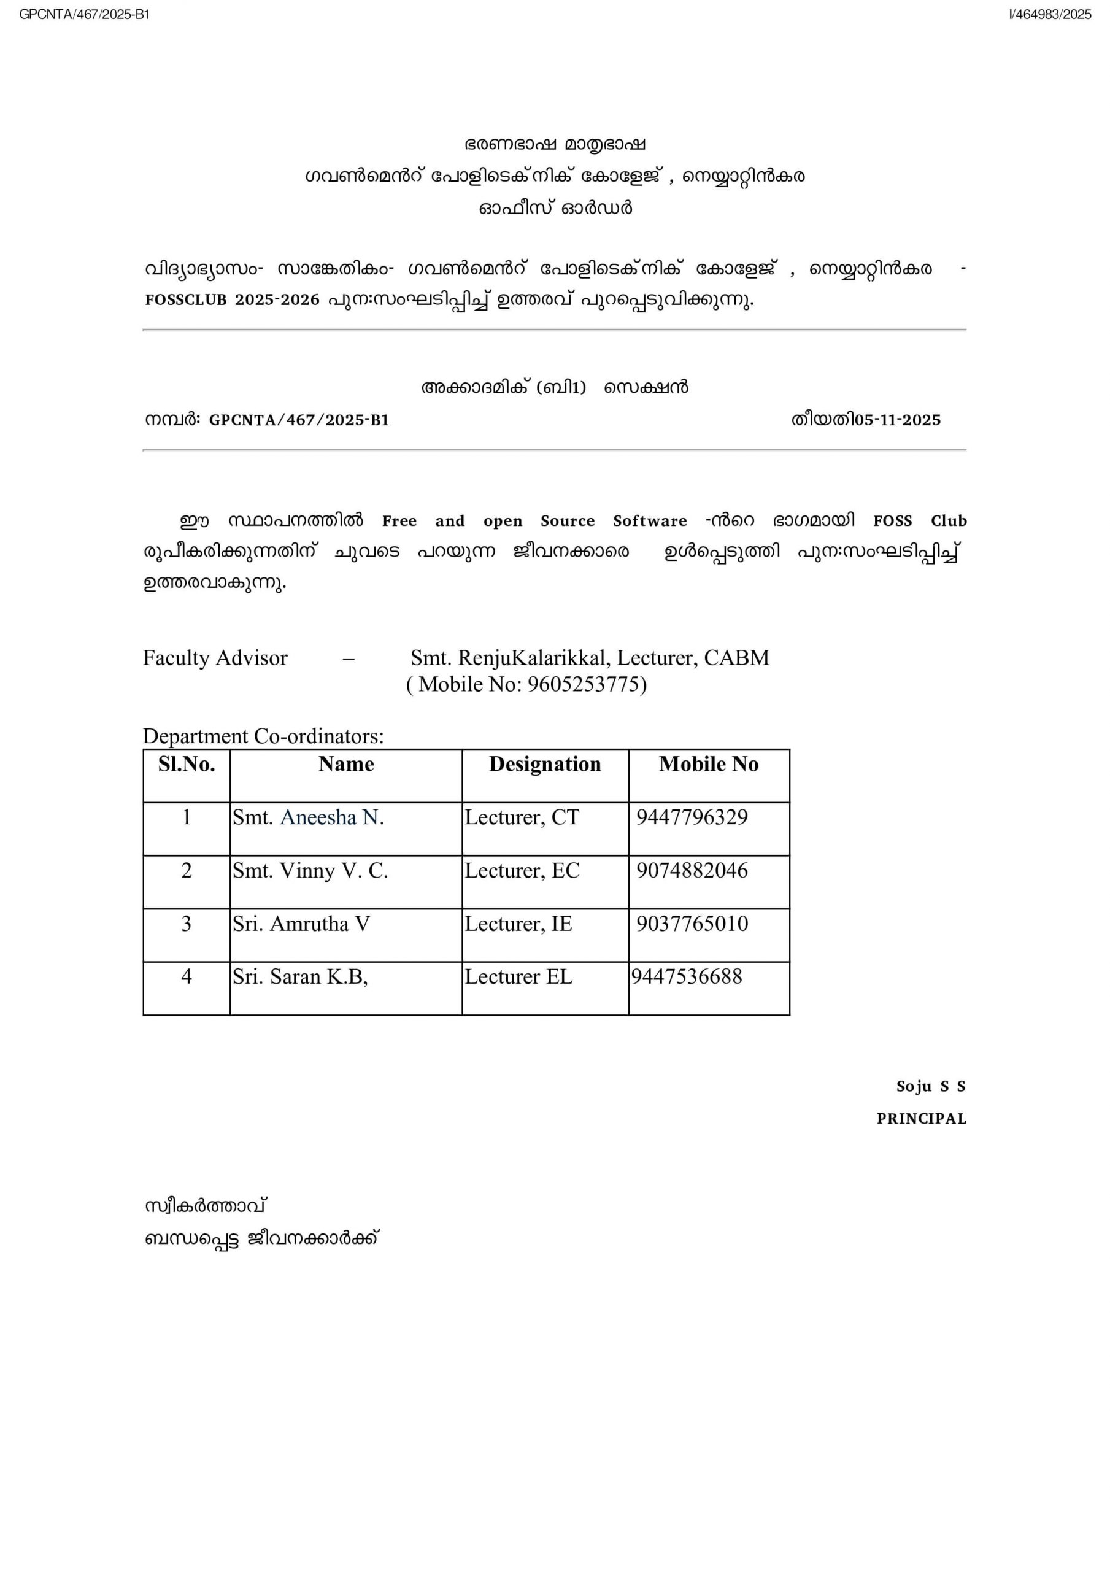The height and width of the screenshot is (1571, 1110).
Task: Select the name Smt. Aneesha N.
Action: (x=308, y=817)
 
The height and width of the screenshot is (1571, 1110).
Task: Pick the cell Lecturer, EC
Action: (x=522, y=870)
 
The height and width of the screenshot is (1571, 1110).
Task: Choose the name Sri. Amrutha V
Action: (x=301, y=924)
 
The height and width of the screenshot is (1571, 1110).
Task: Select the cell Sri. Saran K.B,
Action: (x=299, y=976)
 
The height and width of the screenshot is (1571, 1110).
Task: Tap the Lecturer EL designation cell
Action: (x=518, y=976)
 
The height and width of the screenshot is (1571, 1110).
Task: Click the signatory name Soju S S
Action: (x=930, y=1087)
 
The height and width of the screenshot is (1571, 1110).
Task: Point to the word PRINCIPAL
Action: (x=921, y=1119)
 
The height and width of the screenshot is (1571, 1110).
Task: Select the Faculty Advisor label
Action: (x=215, y=658)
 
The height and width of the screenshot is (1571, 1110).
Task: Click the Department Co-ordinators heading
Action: (x=263, y=736)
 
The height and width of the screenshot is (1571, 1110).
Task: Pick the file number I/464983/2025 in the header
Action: (x=1050, y=14)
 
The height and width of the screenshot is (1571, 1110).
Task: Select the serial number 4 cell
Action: (x=186, y=976)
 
